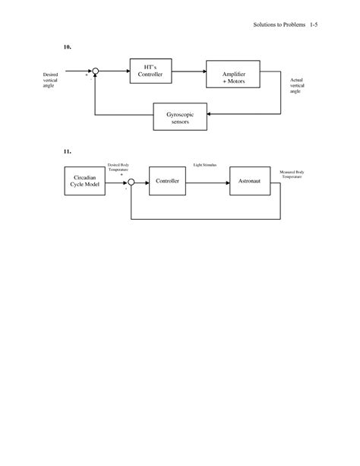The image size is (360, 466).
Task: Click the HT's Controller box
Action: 150,72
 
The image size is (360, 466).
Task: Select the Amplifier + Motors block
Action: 234,77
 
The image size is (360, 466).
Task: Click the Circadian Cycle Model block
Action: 84,182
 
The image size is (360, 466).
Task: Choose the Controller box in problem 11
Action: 167,182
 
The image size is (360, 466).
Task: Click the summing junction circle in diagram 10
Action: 96,72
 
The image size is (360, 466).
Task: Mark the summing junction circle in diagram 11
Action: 131,182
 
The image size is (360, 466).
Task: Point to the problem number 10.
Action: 68,47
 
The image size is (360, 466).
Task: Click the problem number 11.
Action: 68,151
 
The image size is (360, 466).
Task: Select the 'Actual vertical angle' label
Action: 298,86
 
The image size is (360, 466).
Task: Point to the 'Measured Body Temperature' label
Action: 292,174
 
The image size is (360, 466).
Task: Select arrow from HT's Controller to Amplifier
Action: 189,72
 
